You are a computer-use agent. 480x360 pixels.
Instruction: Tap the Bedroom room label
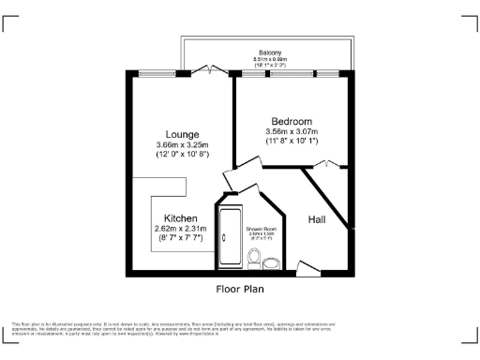click(x=292, y=121)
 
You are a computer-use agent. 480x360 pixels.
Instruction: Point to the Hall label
click(x=318, y=219)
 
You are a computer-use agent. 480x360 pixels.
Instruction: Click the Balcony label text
click(x=270, y=52)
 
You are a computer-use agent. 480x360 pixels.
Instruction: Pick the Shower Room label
click(x=260, y=229)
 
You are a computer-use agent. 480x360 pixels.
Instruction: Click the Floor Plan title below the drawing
click(x=240, y=289)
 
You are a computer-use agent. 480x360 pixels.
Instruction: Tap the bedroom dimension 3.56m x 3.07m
click(x=292, y=132)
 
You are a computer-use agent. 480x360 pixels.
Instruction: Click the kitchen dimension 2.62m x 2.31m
click(x=180, y=228)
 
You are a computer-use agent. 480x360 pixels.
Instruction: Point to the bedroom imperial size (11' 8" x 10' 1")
click(x=292, y=142)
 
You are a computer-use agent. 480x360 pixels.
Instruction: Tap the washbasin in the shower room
click(x=272, y=262)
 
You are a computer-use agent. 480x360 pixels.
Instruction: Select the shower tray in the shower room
click(x=227, y=238)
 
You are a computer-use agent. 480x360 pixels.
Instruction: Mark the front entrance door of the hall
click(x=306, y=266)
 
